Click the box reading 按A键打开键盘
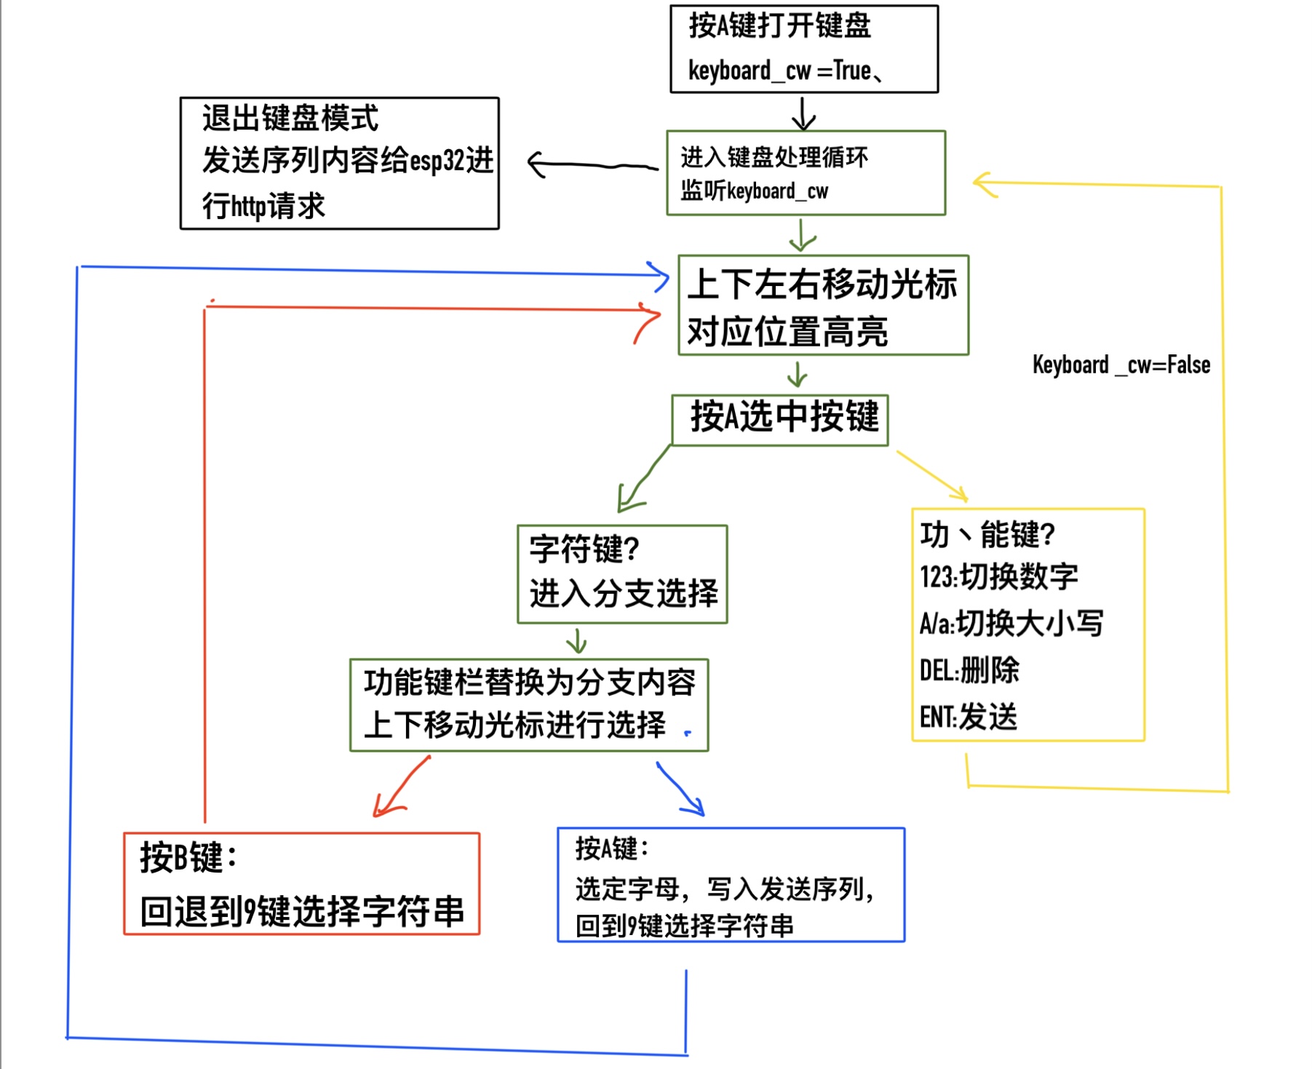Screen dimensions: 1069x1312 tap(803, 48)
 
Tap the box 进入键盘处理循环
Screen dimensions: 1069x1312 tap(806, 172)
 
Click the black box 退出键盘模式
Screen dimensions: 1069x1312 tap(339, 163)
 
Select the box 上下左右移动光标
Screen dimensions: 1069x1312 tap(823, 305)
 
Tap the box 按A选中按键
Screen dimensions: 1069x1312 tap(779, 419)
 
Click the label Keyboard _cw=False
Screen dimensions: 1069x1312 tap(1121, 365)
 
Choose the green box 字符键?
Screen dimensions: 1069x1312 tap(622, 573)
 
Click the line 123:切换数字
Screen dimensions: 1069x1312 tap(998, 577)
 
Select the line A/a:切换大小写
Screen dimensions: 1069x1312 tap(1011, 624)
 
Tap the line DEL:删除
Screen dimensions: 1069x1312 tap(969, 670)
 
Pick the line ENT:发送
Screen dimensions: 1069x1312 tap(968, 717)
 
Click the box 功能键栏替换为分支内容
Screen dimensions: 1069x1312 tap(529, 704)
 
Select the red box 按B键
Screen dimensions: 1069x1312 tap(301, 883)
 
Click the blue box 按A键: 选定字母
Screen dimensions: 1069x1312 tap(731, 884)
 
